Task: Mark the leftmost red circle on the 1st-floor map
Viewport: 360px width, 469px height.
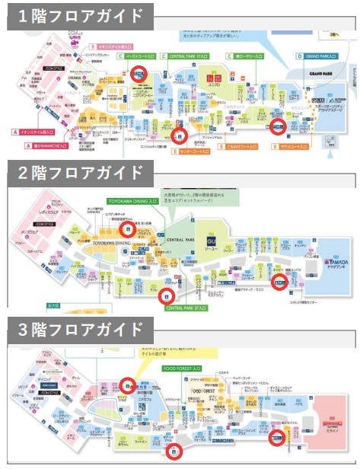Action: (x=139, y=73)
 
